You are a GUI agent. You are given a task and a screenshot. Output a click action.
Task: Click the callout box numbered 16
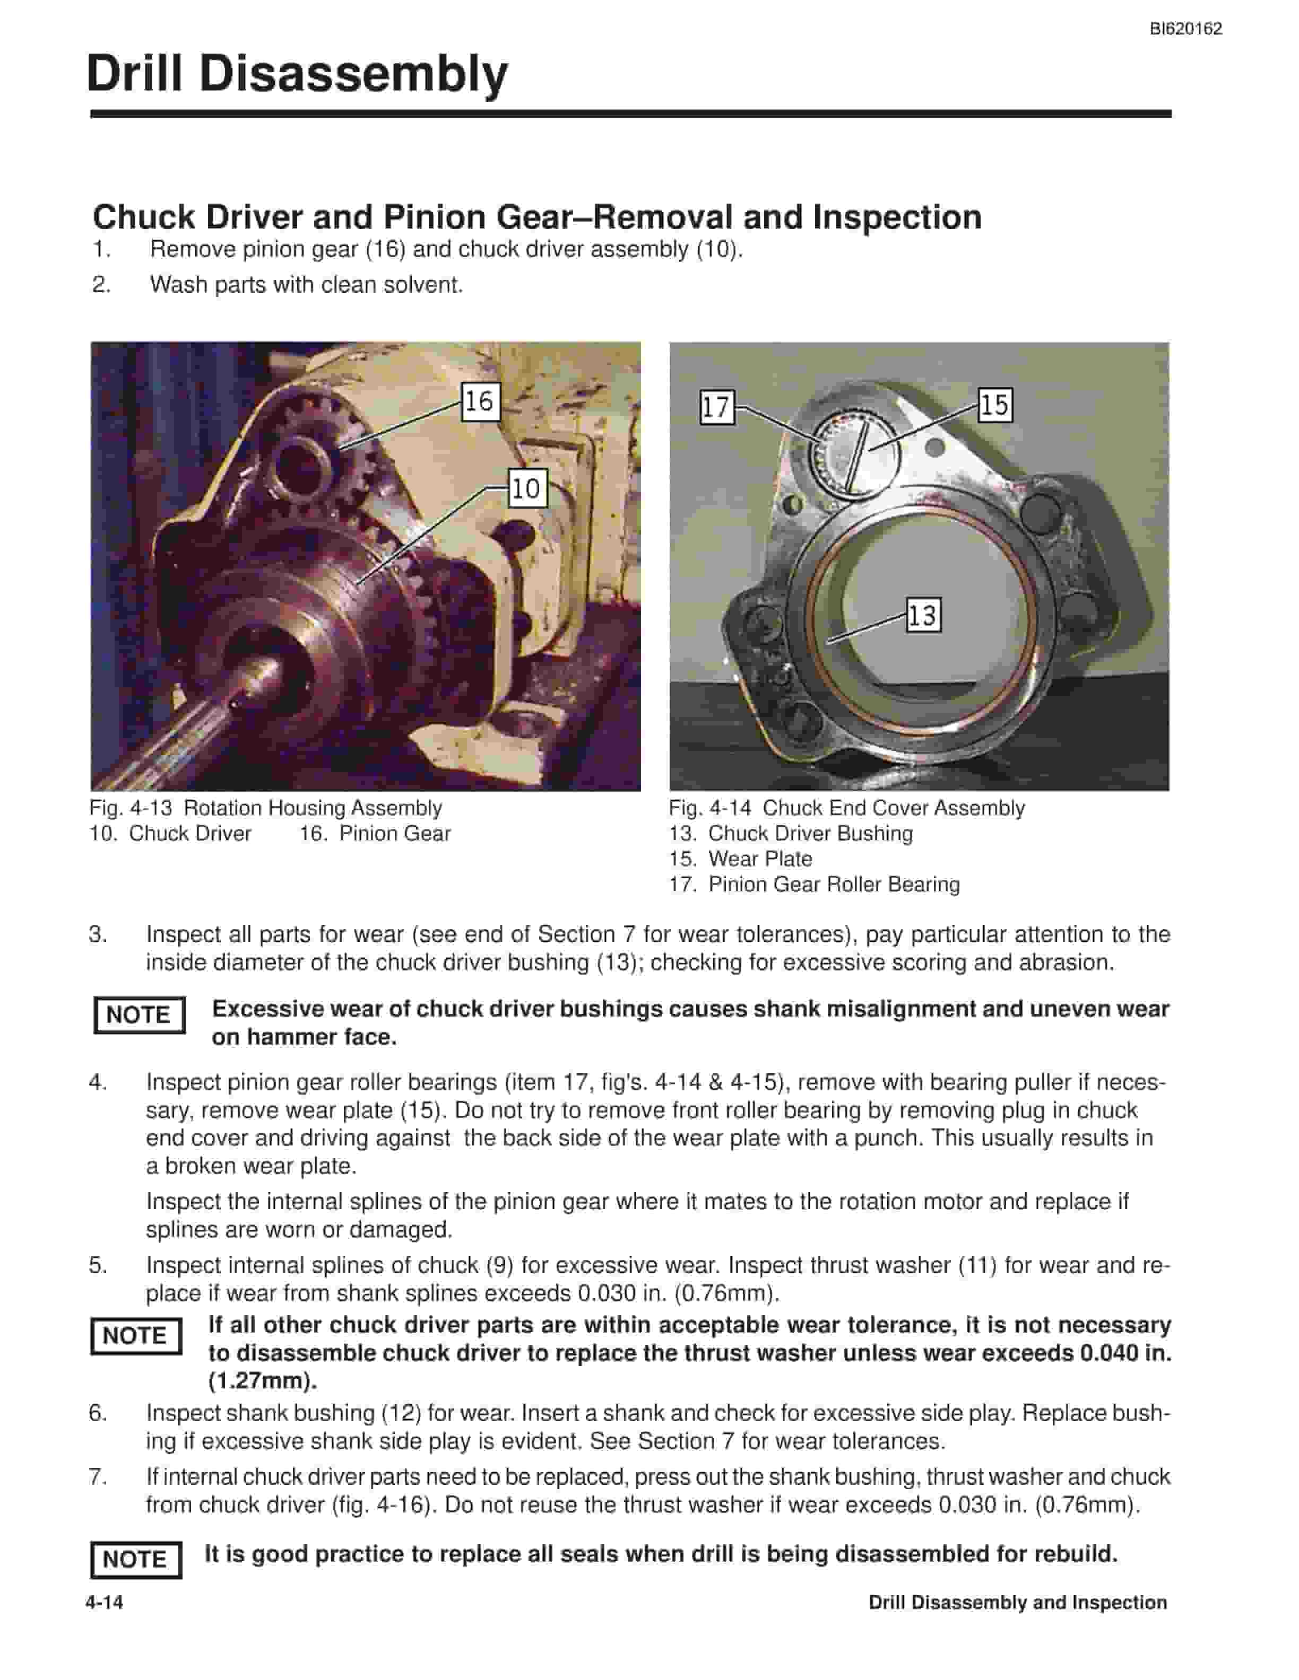(x=480, y=401)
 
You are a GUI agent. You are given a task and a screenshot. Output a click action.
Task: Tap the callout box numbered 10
(x=527, y=488)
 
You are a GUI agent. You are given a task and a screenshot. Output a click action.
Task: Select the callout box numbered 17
(x=716, y=406)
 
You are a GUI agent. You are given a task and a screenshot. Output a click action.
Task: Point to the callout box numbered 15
(x=994, y=405)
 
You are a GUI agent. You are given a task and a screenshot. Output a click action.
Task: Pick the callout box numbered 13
(x=923, y=615)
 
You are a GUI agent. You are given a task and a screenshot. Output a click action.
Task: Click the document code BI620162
(x=1186, y=29)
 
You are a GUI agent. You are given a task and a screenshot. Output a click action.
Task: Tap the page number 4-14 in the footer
(x=105, y=1602)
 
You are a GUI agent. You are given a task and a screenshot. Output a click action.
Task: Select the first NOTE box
(x=139, y=1014)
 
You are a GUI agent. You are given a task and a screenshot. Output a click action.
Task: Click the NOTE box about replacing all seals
(x=136, y=1559)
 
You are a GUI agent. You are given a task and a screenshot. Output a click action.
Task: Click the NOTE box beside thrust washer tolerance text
(x=136, y=1335)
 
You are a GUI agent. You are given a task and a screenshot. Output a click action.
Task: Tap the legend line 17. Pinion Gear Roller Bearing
(x=814, y=885)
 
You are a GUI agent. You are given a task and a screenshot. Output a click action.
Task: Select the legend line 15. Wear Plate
(x=740, y=859)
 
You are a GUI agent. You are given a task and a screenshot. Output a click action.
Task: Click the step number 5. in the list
(x=99, y=1265)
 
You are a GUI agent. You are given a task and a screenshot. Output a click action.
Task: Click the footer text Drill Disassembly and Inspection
(x=1017, y=1602)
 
